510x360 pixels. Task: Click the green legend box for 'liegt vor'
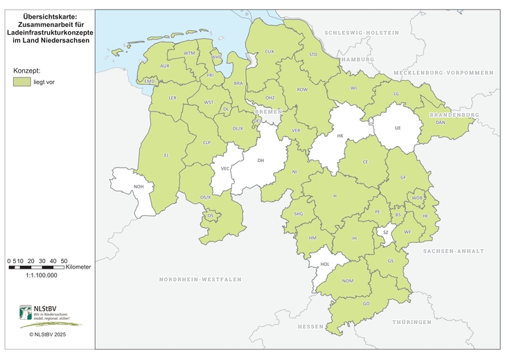[21, 82]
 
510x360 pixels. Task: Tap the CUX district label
[270, 51]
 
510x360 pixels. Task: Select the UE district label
[397, 127]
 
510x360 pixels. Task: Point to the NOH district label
[138, 186]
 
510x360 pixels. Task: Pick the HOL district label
[324, 264]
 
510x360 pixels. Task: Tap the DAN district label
[440, 122]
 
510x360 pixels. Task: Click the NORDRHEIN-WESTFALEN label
[200, 279]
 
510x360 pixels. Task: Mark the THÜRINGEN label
[411, 323]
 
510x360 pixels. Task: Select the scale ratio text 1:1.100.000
[42, 275]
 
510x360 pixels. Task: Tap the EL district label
[166, 156]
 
